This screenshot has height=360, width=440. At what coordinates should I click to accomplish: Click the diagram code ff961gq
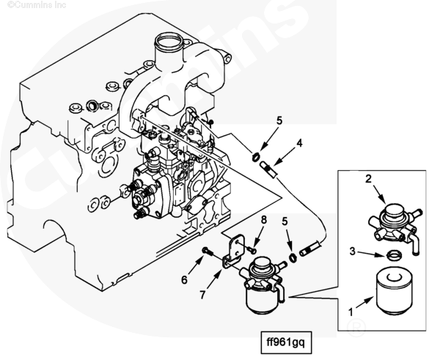coord(286,342)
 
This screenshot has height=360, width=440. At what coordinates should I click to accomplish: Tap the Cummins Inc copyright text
coord(37,5)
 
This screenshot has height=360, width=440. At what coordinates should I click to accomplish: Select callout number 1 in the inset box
coord(351,312)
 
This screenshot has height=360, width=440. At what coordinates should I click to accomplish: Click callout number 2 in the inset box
coord(368,179)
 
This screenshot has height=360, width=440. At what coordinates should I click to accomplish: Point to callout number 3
coord(353,251)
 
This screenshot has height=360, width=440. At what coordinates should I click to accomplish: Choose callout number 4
coord(300,143)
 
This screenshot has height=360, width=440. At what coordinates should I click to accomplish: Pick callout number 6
coord(184,279)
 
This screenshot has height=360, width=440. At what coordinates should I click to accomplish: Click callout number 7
coord(202,295)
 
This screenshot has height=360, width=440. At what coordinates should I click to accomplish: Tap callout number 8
coord(264,220)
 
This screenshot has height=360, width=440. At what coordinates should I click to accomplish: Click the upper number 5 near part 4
coord(279,121)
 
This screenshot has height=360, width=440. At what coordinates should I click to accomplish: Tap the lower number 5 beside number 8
coord(285,221)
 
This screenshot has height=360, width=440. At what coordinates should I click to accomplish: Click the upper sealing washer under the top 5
coord(256,157)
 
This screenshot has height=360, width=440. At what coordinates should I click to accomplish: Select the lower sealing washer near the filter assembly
coord(293,257)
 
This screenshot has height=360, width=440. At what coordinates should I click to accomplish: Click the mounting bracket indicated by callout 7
coord(233,251)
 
